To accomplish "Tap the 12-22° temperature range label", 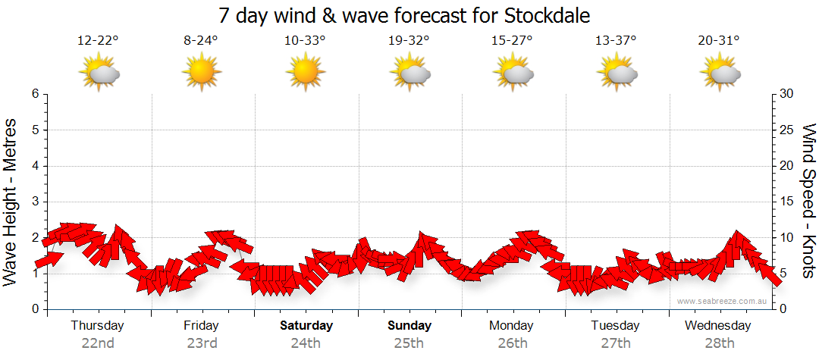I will pyautogui.click(x=98, y=41).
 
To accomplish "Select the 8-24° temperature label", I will pyautogui.click(x=201, y=41).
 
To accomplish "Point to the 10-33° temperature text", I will pyautogui.click(x=305, y=41).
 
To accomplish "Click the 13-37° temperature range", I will pyautogui.click(x=616, y=41).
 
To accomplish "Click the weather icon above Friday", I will pyautogui.click(x=201, y=73).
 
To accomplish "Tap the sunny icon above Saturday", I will pyautogui.click(x=305, y=73).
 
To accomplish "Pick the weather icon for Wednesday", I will pyautogui.click(x=719, y=73).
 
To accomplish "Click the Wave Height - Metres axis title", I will pyautogui.click(x=11, y=201).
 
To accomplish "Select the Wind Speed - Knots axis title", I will pyautogui.click(x=808, y=201).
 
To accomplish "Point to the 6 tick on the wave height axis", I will pyautogui.click(x=35, y=94).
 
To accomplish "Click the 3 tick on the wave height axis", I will pyautogui.click(x=35, y=202).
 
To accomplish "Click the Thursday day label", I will pyautogui.click(x=97, y=326).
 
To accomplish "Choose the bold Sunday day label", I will pyautogui.click(x=409, y=326).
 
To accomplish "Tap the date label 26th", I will pyautogui.click(x=512, y=343).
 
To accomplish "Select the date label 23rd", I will pyautogui.click(x=201, y=343).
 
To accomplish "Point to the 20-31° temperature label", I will pyautogui.click(x=719, y=41).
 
